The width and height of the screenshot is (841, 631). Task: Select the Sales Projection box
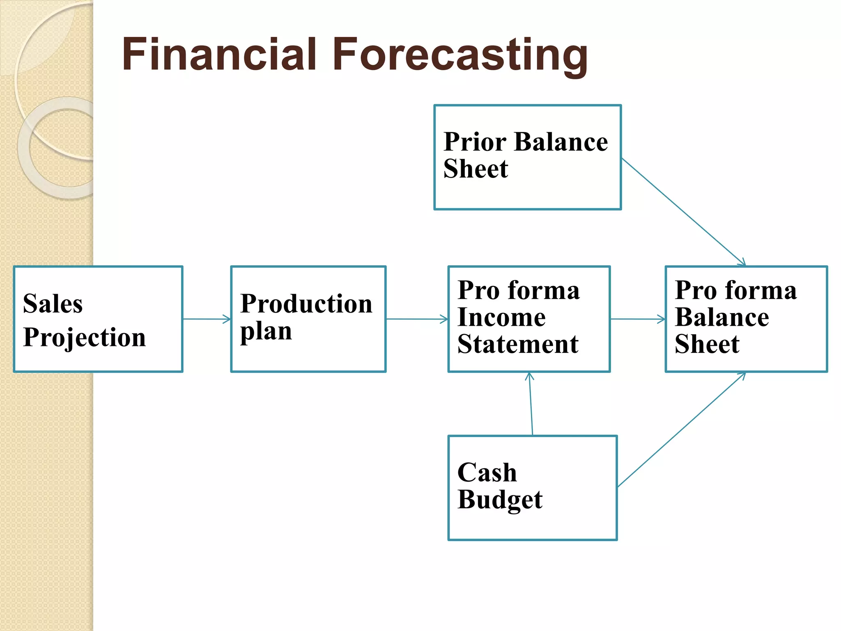[x=98, y=319]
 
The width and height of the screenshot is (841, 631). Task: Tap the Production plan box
[x=308, y=319]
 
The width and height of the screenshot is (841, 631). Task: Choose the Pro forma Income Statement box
[x=529, y=319]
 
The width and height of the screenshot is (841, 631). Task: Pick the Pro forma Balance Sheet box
[x=746, y=319]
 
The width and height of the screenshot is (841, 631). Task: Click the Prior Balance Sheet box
[x=527, y=157]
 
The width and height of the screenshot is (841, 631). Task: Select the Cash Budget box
[x=532, y=488]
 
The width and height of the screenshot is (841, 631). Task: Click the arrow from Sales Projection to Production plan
[x=207, y=319]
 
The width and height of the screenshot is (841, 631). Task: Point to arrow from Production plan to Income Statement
[x=417, y=319]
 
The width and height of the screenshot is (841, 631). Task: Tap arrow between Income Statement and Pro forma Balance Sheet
[x=637, y=319]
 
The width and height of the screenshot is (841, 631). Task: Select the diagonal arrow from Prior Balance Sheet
[x=683, y=212]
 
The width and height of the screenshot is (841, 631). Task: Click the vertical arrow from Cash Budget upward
[x=531, y=404]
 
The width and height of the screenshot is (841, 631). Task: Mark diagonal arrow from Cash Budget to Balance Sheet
[x=682, y=430]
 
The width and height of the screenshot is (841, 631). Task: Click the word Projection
[x=84, y=338]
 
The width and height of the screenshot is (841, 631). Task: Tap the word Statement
[x=518, y=344]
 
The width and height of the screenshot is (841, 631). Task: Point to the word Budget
[x=500, y=500]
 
